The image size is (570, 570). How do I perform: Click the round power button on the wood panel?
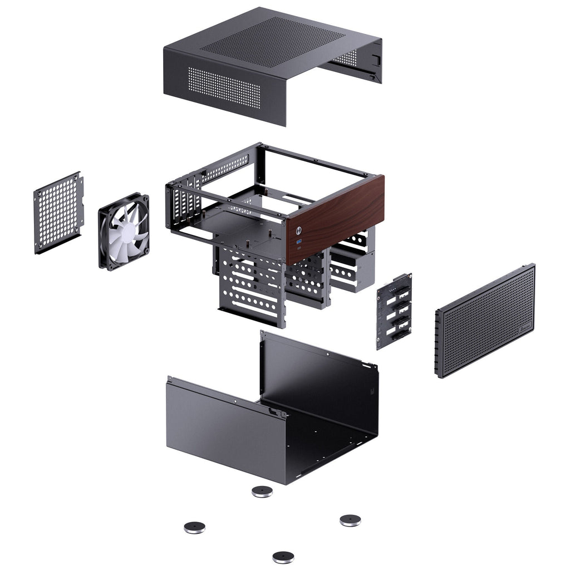point(300,229)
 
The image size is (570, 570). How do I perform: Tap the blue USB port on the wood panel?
point(299,241)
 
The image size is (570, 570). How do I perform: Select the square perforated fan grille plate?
point(58,212)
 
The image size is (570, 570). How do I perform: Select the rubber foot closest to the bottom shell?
point(262,491)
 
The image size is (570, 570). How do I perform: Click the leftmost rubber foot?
point(194,527)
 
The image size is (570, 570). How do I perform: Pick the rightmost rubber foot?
point(350,520)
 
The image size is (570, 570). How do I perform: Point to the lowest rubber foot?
point(283,556)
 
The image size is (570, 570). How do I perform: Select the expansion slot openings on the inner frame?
point(184,203)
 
